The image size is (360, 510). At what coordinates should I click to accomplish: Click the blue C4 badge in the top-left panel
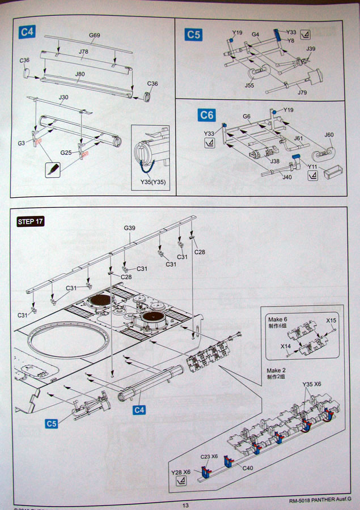coord(27,32)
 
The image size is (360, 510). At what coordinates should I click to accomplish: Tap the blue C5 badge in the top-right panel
coord(193,35)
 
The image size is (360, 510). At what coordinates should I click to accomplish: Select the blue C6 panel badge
coord(207,116)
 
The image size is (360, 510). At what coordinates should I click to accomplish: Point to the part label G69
coord(95,36)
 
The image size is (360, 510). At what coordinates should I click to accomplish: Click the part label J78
coord(83,52)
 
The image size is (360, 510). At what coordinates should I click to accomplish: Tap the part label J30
coord(63,97)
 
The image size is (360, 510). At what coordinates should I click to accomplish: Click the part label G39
coord(130,228)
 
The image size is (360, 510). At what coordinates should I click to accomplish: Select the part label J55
coord(249,86)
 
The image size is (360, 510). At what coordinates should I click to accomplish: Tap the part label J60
coord(329,135)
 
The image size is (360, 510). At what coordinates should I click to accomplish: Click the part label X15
coord(331,321)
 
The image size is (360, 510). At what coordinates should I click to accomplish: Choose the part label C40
coord(247,467)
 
